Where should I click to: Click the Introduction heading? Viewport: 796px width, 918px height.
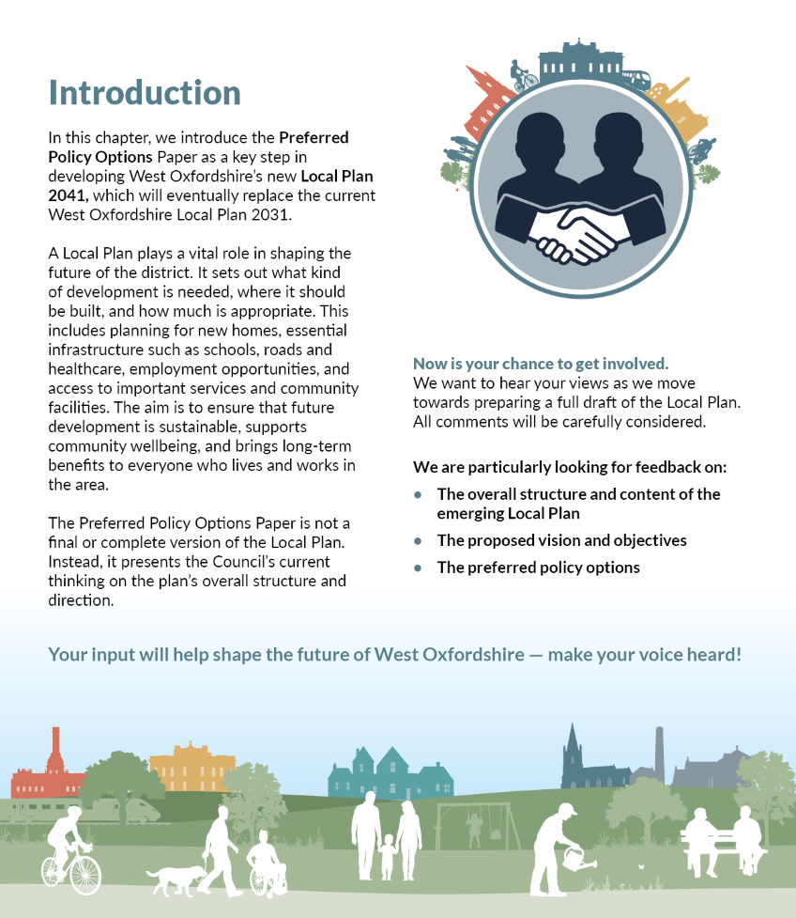pyautogui.click(x=145, y=93)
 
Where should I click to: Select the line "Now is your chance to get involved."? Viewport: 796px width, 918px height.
pyautogui.click(x=540, y=364)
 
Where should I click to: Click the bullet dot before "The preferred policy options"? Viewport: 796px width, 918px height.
pyautogui.click(x=419, y=568)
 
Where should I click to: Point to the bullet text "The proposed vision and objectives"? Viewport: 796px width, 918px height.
pyautogui.click(x=561, y=540)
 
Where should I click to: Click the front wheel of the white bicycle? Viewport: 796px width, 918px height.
pyautogui.click(x=85, y=875)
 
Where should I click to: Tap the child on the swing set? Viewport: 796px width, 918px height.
pyautogui.click(x=474, y=826)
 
